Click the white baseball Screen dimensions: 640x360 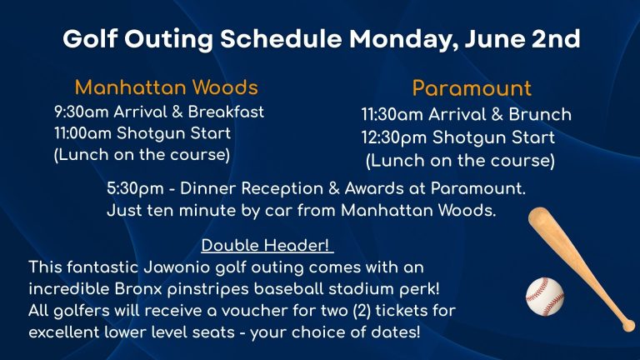545,297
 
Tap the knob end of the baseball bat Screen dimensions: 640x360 628,325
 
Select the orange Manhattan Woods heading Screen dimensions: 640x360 166,87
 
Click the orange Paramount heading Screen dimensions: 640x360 472,88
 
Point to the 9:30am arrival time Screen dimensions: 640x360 82,112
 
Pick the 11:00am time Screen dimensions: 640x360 82,133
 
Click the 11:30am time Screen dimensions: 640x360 392,115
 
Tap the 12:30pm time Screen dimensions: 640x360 394,137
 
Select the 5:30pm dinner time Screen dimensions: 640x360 135,189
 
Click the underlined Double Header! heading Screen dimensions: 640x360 265,245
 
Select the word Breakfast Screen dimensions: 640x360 226,112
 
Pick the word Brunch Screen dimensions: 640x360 540,115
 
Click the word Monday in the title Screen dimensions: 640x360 403,40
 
